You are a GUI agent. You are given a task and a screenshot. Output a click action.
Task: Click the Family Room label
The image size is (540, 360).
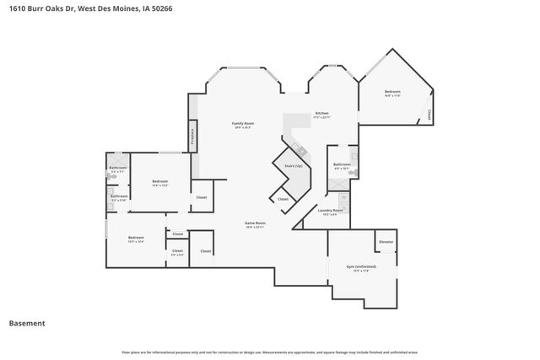(243, 124)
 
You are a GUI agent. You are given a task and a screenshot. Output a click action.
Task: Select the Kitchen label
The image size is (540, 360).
(321, 113)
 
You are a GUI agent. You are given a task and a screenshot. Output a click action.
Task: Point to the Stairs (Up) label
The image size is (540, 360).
(293, 166)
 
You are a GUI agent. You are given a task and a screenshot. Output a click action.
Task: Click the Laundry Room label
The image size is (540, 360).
(330, 210)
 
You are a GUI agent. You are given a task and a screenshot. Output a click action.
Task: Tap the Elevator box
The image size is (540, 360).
(386, 242)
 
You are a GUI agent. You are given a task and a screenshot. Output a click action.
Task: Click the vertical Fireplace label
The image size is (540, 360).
(192, 135)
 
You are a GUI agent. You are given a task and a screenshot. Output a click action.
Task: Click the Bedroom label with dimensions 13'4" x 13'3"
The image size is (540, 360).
(160, 182)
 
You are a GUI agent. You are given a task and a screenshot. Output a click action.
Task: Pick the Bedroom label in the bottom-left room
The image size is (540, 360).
(136, 239)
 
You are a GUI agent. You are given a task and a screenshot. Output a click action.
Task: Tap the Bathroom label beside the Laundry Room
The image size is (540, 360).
(341, 164)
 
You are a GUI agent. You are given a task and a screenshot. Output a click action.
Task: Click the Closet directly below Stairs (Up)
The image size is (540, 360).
(283, 199)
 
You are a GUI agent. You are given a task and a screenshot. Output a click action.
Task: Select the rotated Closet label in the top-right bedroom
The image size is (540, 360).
(429, 115)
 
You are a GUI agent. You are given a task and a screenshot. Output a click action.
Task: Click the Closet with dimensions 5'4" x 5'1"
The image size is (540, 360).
(177, 250)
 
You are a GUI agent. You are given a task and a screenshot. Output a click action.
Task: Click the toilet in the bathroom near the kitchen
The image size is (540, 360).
(355, 172)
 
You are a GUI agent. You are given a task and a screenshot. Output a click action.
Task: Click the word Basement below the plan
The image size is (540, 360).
(27, 323)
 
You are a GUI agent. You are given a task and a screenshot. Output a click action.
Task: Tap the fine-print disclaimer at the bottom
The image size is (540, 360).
(269, 352)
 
